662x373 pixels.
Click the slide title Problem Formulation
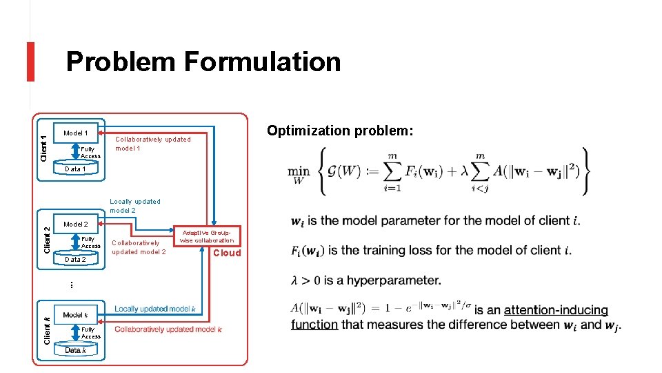[203, 62]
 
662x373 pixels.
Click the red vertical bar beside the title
[30, 61]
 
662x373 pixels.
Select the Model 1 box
[76, 133]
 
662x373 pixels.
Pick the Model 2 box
[76, 224]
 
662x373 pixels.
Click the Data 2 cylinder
[75, 260]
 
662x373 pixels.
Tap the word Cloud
[227, 253]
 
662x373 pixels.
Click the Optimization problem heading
[340, 131]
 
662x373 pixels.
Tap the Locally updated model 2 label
[135, 206]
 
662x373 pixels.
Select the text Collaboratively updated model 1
[152, 144]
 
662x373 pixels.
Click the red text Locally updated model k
[155, 309]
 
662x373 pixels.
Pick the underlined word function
[314, 324]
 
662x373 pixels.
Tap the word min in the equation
[299, 171]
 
